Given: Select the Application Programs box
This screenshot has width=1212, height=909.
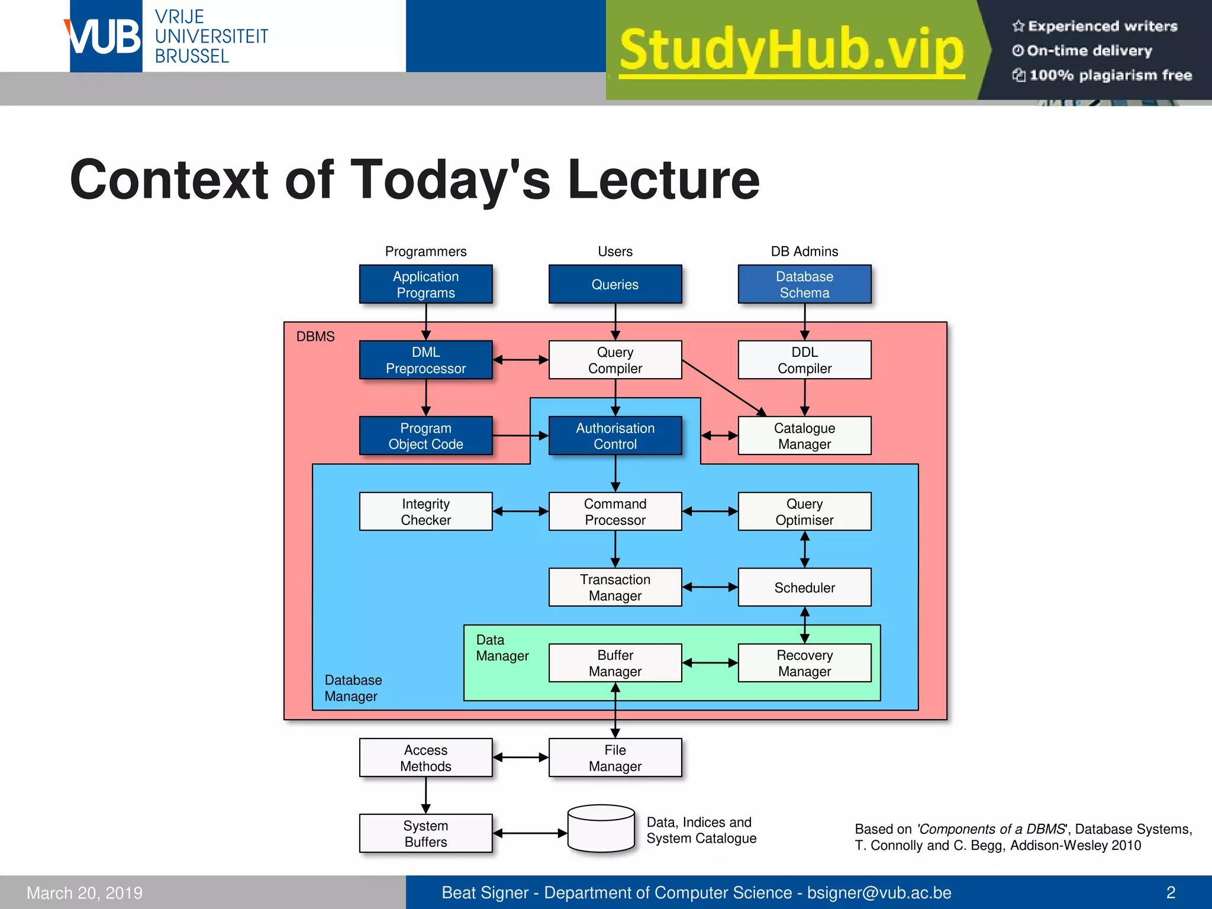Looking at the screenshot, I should [x=426, y=285].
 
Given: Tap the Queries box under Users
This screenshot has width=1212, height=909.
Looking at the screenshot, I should [x=615, y=285].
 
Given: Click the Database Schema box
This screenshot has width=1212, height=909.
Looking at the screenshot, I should [x=804, y=285].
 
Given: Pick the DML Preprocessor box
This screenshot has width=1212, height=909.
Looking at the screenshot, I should [x=426, y=360].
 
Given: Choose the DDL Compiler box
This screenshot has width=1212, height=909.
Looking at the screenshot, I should [x=804, y=360].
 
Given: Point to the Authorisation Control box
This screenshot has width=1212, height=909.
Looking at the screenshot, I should [x=615, y=436].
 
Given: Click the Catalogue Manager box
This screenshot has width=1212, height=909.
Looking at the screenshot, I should [x=804, y=436].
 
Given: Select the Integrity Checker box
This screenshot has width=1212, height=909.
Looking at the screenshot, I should [x=426, y=511].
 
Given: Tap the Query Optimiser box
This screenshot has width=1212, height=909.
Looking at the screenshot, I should [x=804, y=511].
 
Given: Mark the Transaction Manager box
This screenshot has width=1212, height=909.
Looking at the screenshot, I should [x=615, y=587].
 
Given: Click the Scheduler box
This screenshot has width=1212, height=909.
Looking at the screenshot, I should [x=804, y=587].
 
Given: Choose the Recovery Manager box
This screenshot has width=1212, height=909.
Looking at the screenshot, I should [x=804, y=663].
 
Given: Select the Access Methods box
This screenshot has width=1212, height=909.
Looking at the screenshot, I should [x=426, y=757].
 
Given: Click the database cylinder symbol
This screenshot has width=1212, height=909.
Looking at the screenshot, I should [x=601, y=829].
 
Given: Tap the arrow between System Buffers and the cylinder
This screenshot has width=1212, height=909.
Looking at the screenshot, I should [x=530, y=833].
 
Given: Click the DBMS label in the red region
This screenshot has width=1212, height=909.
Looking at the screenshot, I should [x=315, y=337].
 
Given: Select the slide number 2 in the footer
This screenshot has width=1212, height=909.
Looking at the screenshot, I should [x=1171, y=892].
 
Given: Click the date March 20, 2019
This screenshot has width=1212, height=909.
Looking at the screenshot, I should [x=85, y=892].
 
